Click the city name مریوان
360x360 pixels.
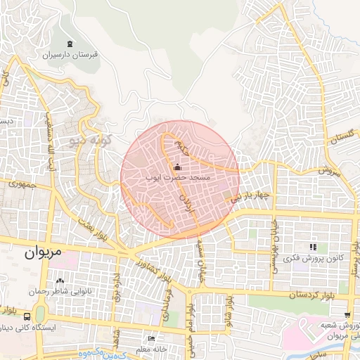tap(43, 251)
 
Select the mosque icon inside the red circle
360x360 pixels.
tap(176, 167)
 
